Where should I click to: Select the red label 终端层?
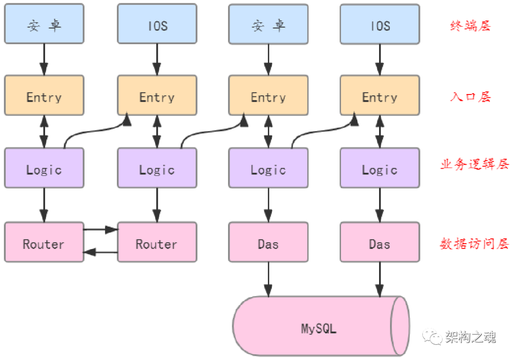click(x=470, y=26)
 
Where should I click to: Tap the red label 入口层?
click(x=470, y=97)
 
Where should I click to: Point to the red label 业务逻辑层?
click(x=475, y=165)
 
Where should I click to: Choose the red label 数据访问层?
click(x=475, y=244)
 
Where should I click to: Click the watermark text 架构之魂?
click(x=470, y=337)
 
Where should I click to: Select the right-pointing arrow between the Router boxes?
click(x=101, y=230)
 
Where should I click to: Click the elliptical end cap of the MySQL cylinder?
click(x=400, y=326)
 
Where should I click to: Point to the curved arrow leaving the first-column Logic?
click(x=95, y=131)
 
